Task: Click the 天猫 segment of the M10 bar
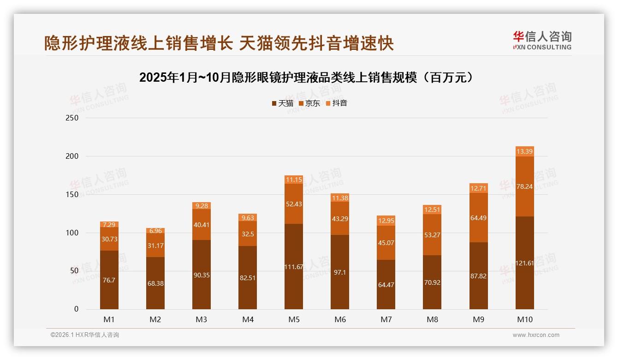[524, 263]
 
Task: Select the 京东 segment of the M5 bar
[294, 204]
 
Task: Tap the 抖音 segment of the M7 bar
[386, 221]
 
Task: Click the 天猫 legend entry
[282, 103]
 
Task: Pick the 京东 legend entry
[309, 103]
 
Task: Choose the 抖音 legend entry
[336, 103]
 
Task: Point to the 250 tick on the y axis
[72, 118]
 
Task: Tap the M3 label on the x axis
[202, 319]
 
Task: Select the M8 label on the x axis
[432, 319]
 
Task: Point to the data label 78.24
[524, 186]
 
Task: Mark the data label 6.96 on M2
[155, 231]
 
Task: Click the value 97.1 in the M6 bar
[340, 272]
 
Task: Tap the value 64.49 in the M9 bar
[478, 218]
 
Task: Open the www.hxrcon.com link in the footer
[536, 335]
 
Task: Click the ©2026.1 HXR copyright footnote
[85, 335]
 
